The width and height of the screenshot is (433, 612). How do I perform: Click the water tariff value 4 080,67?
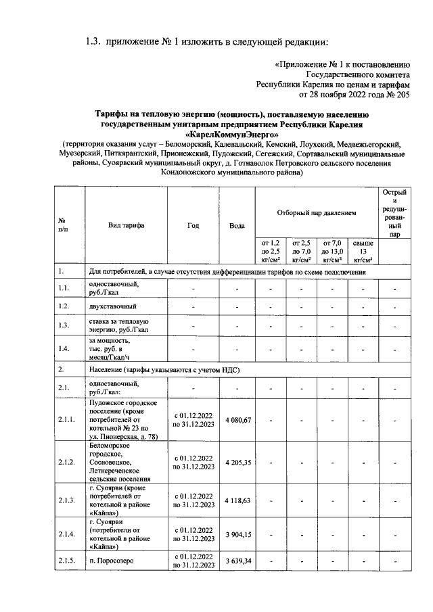click(237, 421)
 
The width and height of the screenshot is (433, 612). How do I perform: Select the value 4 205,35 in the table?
click(237, 463)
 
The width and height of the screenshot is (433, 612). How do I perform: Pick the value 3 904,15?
click(237, 534)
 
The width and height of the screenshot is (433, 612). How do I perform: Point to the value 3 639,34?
click(237, 561)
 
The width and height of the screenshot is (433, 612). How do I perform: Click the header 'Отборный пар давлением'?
click(316, 212)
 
